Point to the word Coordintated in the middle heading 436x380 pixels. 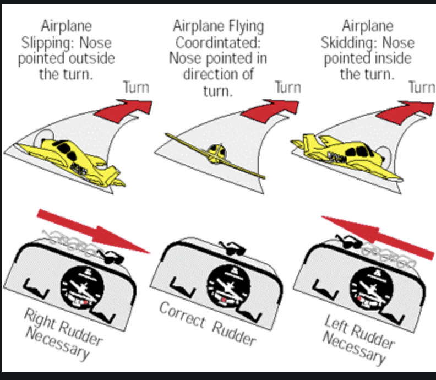(218, 42)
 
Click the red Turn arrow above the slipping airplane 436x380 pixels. (123, 107)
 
